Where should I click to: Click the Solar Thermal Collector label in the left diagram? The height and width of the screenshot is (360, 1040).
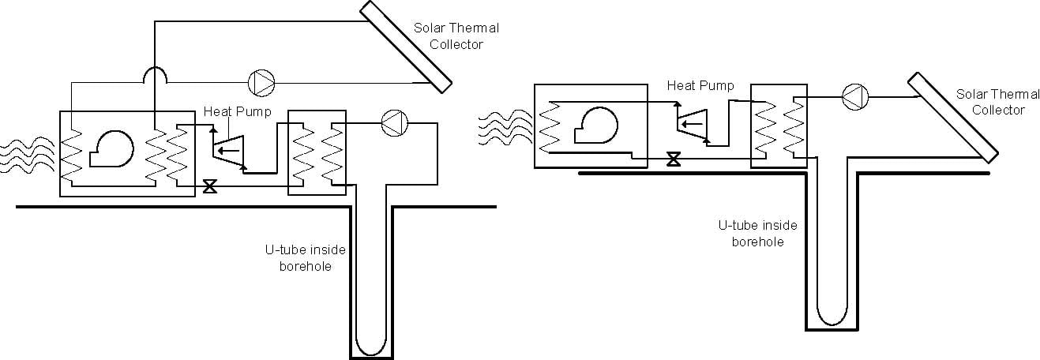tap(456, 36)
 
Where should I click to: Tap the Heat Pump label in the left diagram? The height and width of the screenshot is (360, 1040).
tap(237, 111)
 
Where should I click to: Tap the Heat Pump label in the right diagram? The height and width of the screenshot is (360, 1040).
tap(700, 85)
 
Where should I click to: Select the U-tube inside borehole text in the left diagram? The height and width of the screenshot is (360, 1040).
tap(305, 258)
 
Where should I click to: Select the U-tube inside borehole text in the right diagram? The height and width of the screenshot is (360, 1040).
tap(757, 234)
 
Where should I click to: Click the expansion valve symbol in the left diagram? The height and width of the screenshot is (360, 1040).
tap(210, 187)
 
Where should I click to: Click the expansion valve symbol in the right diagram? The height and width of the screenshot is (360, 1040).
tap(673, 159)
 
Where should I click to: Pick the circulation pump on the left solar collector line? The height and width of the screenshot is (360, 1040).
tap(261, 81)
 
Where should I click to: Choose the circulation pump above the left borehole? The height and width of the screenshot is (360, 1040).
tap(392, 122)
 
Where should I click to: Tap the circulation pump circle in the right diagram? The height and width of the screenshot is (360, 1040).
tap(854, 96)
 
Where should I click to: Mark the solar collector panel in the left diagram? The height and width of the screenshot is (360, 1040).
tap(405, 45)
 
